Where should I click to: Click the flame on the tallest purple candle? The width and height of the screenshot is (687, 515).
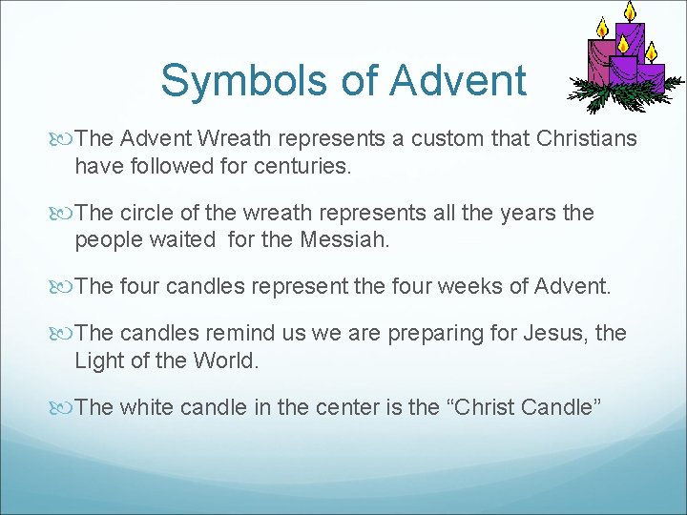[630, 11]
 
